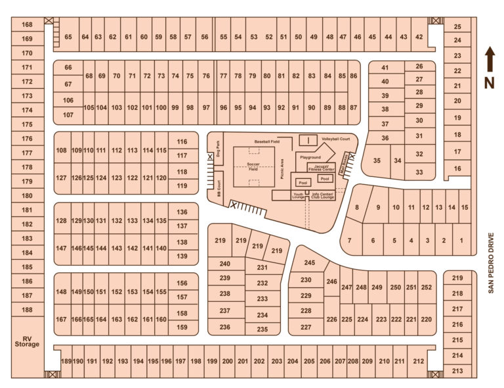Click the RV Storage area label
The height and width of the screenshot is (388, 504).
(x=27, y=339)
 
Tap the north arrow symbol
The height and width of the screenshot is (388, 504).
(x=488, y=62)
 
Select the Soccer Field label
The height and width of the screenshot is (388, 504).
(x=253, y=166)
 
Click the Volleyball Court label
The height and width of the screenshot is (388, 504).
(x=335, y=140)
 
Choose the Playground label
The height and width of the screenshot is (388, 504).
(x=310, y=158)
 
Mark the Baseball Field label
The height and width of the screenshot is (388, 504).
(x=268, y=141)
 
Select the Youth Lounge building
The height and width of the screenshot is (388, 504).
(x=298, y=196)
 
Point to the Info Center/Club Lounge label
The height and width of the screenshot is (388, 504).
(x=322, y=196)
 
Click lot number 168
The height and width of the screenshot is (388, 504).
(x=27, y=25)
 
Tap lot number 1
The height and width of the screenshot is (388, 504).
(x=461, y=241)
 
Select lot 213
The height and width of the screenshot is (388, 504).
(x=457, y=371)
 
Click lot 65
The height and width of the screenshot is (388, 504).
(x=68, y=37)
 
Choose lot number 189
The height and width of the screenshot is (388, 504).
(x=66, y=362)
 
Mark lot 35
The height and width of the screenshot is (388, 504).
(x=377, y=160)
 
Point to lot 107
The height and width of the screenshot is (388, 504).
(x=68, y=115)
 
